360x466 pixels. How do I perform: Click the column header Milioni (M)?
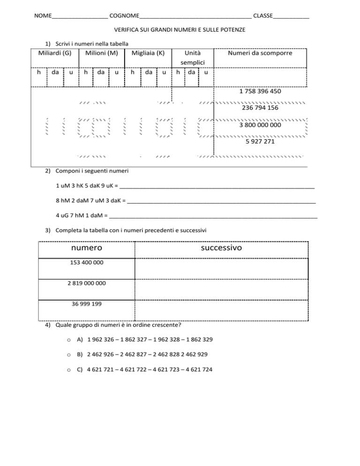[x=101, y=53]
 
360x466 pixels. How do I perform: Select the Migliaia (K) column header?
[x=148, y=53]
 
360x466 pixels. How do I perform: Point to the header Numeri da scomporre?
[x=260, y=53]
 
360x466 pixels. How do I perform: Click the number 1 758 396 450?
[x=260, y=91]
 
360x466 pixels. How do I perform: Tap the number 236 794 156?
[x=260, y=108]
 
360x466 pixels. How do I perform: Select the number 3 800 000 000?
[x=260, y=125]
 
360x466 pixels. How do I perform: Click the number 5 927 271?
[x=260, y=141]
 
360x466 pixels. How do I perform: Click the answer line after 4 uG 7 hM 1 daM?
[x=213, y=217]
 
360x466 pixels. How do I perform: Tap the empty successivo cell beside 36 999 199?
[x=221, y=310]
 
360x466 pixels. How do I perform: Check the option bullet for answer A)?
[x=68, y=339]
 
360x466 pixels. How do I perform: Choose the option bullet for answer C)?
[x=68, y=369]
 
